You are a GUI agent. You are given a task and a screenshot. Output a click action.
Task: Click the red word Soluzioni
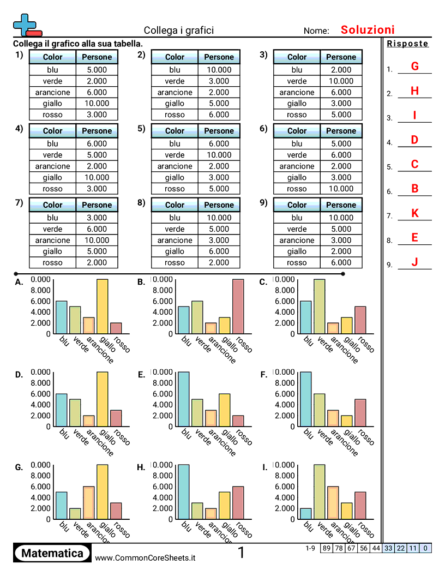pos(368,30)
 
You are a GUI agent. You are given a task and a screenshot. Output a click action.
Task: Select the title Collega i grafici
pos(179,31)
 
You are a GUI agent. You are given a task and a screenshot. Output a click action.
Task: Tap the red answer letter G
pos(414,67)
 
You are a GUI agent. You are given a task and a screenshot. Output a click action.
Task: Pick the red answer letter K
pos(414,213)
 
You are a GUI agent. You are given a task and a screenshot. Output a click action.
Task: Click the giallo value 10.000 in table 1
pos(97,103)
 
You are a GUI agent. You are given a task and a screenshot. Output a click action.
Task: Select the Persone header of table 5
pos(219,131)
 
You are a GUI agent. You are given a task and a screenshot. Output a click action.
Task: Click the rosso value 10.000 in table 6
pos(341,189)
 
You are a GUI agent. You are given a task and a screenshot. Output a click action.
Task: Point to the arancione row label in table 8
pos(175,240)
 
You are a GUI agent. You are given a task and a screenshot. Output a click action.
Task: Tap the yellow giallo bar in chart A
pos(103,307)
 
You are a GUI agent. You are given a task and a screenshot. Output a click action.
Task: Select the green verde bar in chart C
pos(320,307)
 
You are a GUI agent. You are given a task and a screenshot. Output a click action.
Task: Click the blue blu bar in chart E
pos(184,399)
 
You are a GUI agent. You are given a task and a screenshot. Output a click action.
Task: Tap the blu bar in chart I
pos(306,514)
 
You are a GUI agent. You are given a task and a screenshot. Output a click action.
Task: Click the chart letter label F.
pos(263,375)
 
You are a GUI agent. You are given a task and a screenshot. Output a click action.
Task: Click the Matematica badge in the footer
pos(52,553)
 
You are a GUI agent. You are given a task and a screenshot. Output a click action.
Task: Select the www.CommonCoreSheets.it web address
pos(145,557)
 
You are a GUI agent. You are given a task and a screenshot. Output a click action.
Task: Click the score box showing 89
pos(326,548)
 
